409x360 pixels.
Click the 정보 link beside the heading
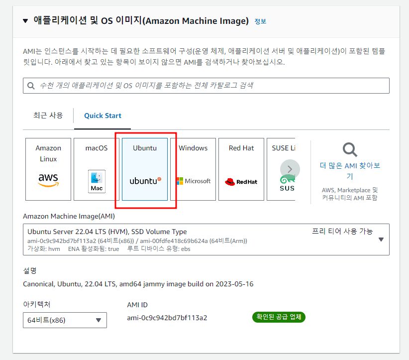[x=260, y=21]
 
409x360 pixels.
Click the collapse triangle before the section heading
[x=25, y=21]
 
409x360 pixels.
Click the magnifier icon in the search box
[x=31, y=86]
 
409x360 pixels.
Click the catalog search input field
[x=209, y=86]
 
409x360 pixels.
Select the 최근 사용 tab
[x=48, y=116]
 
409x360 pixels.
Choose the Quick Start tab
[x=102, y=116]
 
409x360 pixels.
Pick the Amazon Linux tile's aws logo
[x=48, y=180]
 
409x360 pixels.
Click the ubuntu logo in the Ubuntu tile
[x=145, y=181]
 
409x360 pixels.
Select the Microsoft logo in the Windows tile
[x=193, y=181]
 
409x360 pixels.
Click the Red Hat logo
[x=241, y=182]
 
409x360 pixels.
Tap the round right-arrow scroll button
[x=290, y=169]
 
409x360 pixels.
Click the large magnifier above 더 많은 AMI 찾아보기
[x=350, y=150]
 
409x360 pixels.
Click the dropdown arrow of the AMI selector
[x=381, y=240]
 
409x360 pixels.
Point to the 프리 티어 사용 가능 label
[x=342, y=231]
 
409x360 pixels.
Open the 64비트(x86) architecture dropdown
[x=65, y=320]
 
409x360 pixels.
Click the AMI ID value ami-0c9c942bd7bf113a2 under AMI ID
[x=167, y=318]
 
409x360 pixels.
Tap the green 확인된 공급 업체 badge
[x=279, y=317]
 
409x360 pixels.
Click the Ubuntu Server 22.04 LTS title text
[x=107, y=232]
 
